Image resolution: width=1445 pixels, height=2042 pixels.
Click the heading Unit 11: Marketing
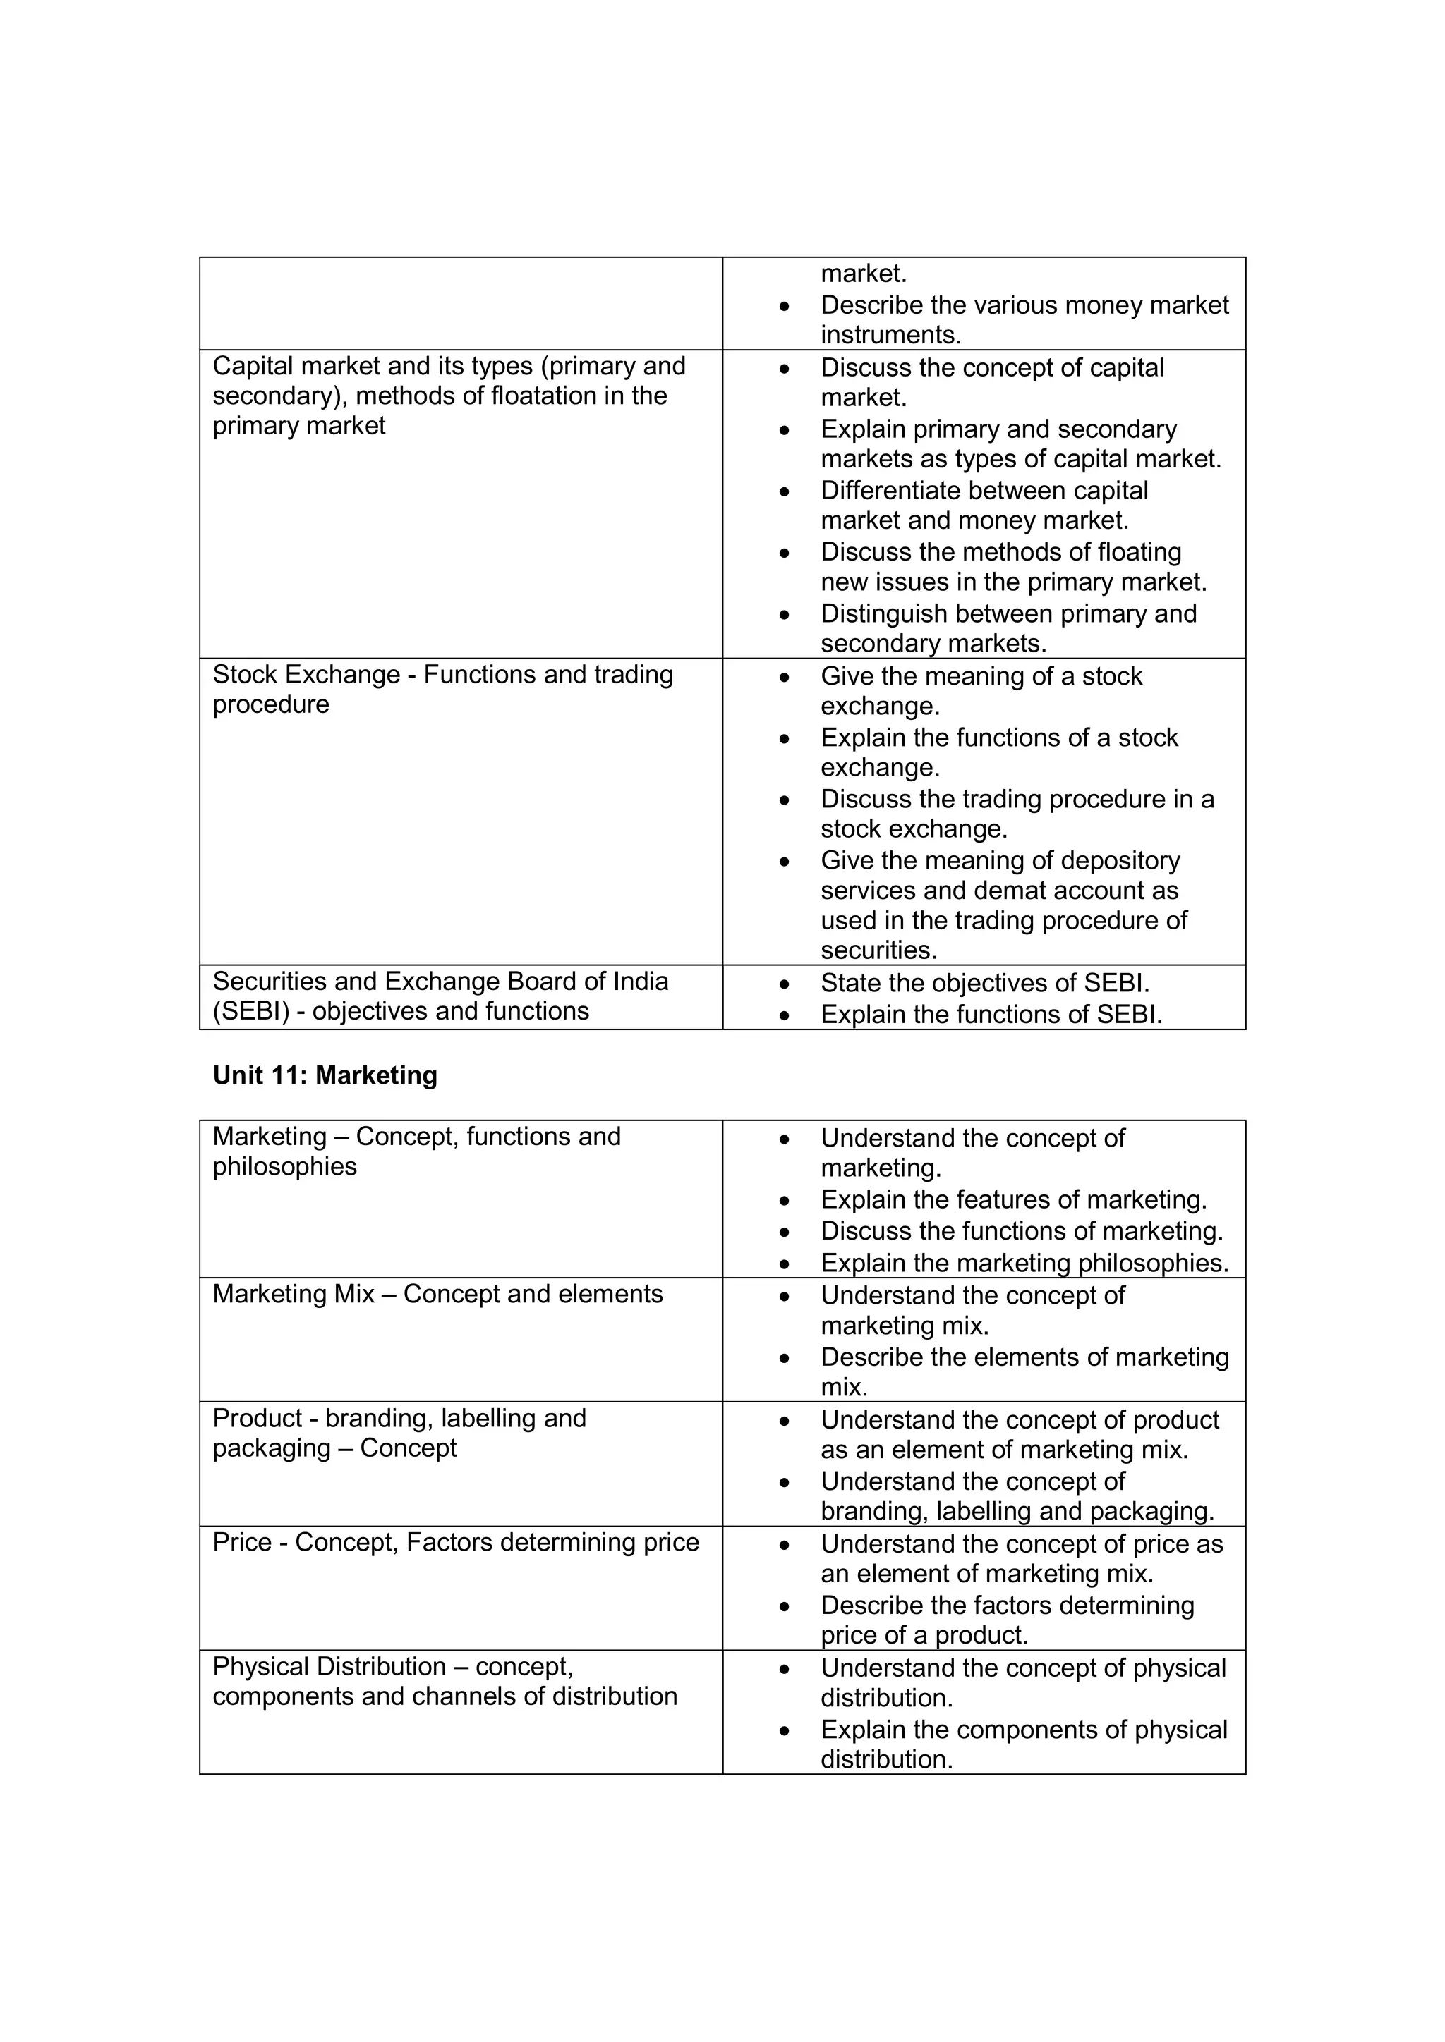click(325, 1075)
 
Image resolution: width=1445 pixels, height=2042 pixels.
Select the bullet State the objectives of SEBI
click(984, 983)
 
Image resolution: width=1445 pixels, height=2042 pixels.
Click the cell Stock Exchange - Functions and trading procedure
click(442, 690)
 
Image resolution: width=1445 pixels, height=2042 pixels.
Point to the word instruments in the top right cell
click(890, 336)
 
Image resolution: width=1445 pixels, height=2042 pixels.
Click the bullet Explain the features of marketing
click(1012, 1200)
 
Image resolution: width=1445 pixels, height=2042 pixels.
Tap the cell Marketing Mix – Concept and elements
click(437, 1294)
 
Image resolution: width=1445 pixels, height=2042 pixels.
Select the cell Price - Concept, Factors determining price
click(456, 1542)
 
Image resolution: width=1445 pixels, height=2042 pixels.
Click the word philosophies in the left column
click(285, 1167)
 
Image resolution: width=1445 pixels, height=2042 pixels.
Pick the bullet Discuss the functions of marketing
click(1022, 1231)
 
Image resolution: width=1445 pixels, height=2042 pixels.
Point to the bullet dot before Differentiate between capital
click(784, 491)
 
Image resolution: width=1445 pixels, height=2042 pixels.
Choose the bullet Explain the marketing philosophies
click(1024, 1263)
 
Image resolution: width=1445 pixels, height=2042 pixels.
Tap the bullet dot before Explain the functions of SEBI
click(784, 1015)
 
